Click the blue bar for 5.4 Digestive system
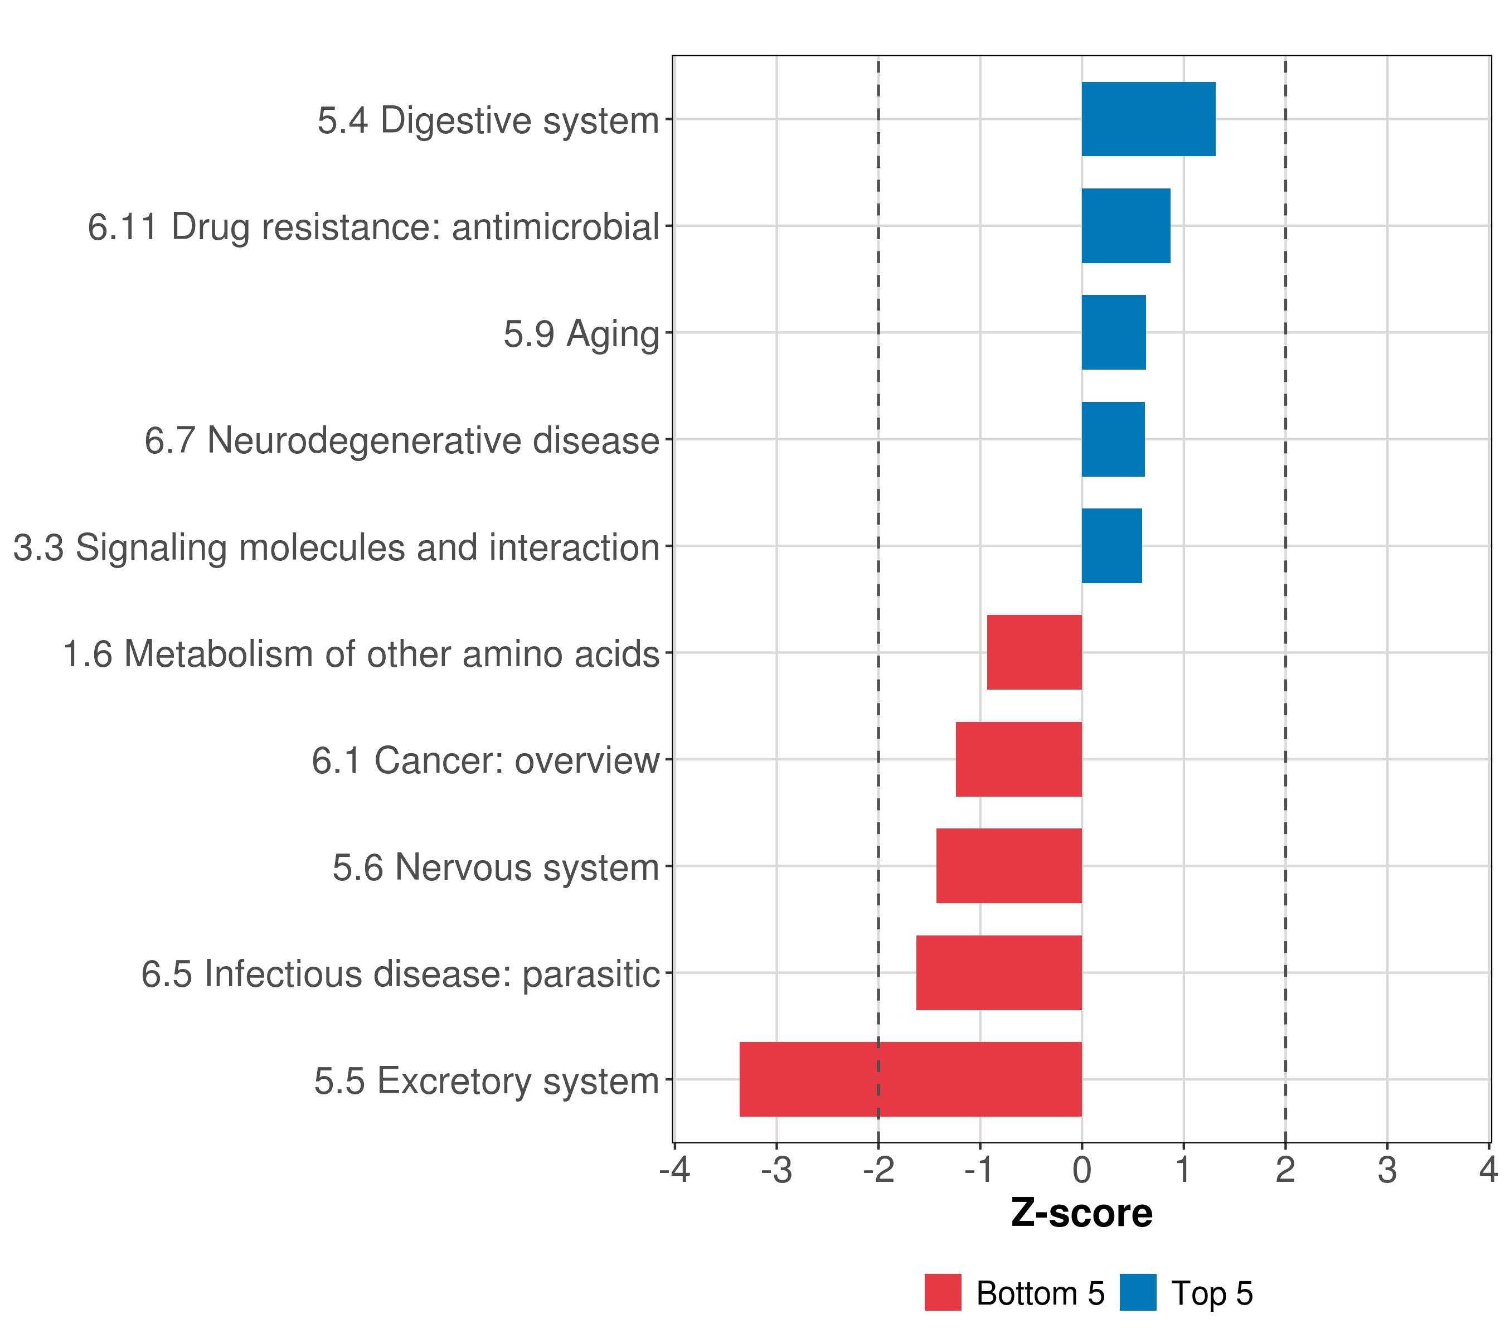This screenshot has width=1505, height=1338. [x=1148, y=119]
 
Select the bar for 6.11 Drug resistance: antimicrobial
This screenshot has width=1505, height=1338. [x=1125, y=226]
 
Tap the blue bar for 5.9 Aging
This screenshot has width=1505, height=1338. [x=1113, y=332]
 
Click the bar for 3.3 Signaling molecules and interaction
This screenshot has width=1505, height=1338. [x=1111, y=546]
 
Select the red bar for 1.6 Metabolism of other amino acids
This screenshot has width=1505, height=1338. [x=1034, y=652]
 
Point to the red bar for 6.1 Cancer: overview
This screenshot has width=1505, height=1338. [x=1018, y=759]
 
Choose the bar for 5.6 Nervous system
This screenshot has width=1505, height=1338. [x=1009, y=866]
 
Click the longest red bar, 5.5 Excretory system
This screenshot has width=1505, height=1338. [x=910, y=1079]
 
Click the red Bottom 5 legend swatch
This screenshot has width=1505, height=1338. [x=943, y=1292]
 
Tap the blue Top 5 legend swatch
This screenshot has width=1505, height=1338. [x=1138, y=1292]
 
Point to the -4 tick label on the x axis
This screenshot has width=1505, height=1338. [x=674, y=1170]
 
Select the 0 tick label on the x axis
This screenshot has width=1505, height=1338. [x=1081, y=1170]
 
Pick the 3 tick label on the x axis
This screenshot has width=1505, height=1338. [x=1387, y=1170]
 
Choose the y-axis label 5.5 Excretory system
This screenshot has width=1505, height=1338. [x=486, y=1081]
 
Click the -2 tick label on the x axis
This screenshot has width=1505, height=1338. [x=878, y=1170]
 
